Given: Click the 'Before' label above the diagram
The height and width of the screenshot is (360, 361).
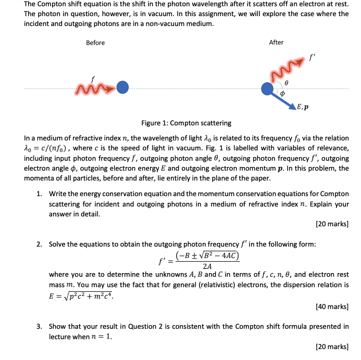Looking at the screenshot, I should [x=95, y=43].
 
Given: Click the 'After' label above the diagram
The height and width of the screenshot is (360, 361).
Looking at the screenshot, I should [x=276, y=43].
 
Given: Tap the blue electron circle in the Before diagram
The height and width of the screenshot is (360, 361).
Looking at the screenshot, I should [x=122, y=87].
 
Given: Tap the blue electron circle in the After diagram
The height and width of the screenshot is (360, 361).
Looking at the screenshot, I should [x=268, y=88].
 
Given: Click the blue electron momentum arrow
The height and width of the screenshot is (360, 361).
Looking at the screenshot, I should [x=283, y=99].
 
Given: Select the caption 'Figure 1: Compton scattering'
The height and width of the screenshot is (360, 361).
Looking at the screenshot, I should [x=186, y=123].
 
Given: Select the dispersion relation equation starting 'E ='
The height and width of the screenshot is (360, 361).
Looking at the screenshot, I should [x=81, y=295].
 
